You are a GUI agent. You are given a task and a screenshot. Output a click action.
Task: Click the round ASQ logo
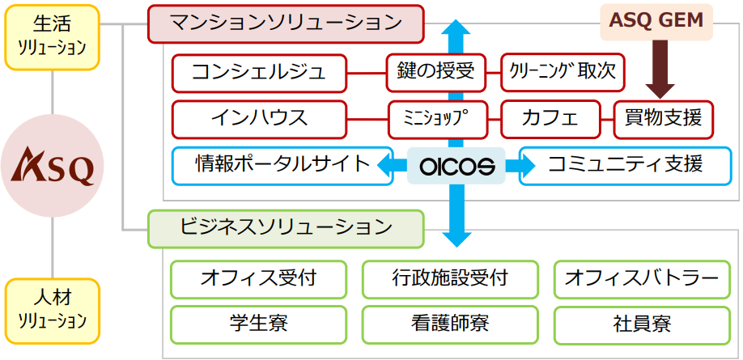53,165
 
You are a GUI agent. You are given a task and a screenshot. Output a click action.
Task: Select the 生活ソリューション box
53,36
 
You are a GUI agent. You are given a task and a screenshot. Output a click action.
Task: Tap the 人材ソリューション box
53,310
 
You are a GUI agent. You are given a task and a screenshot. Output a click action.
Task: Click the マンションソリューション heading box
286,23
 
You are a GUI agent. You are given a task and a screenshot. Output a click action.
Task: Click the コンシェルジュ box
259,73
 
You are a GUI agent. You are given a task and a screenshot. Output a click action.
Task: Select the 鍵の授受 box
435,73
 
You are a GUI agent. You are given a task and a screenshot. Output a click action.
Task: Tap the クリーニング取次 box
563,73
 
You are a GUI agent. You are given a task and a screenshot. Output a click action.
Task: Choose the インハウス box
259,119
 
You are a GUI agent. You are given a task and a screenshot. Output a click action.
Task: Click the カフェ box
550,119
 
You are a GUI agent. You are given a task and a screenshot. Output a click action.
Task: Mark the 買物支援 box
664,119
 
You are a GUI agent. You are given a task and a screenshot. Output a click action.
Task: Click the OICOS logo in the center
457,166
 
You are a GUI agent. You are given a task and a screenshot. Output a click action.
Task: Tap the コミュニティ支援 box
625,165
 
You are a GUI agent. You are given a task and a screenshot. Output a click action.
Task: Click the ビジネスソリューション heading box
286,228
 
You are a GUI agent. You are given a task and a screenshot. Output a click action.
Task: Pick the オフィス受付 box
259,278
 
